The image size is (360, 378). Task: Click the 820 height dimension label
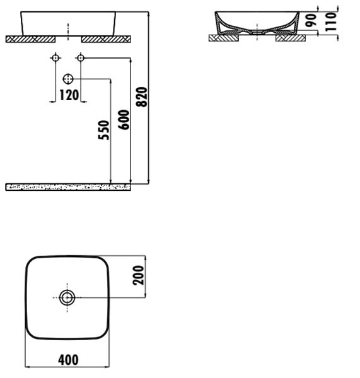[x=141, y=97]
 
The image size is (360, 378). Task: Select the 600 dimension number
[x=124, y=120]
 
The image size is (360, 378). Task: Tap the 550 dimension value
[x=104, y=130]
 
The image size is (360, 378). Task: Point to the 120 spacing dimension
[x=69, y=95]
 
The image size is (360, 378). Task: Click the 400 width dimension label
[x=68, y=360]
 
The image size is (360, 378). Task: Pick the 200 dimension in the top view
[x=138, y=275]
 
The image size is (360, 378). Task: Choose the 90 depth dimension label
[x=311, y=20]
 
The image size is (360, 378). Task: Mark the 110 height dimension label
[x=331, y=21]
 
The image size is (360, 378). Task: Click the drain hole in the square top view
[x=67, y=298]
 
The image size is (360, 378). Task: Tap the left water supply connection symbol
[x=55, y=58]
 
